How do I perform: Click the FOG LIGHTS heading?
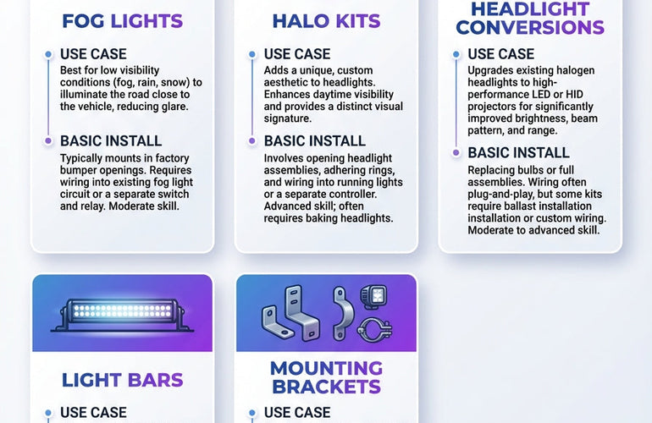[x=122, y=21]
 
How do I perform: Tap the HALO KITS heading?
[x=325, y=21]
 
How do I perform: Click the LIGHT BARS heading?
[x=122, y=380]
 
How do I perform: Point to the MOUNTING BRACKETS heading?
[x=326, y=377]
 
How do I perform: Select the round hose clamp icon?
[x=373, y=328]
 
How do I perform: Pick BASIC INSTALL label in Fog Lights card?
[x=111, y=140]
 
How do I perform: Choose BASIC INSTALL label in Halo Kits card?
[x=314, y=140]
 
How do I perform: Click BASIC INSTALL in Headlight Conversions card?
[x=518, y=153]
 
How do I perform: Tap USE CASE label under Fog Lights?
[x=93, y=54]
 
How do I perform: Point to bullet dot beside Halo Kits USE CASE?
[x=252, y=55]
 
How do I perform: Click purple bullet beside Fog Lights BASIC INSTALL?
[x=48, y=140]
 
